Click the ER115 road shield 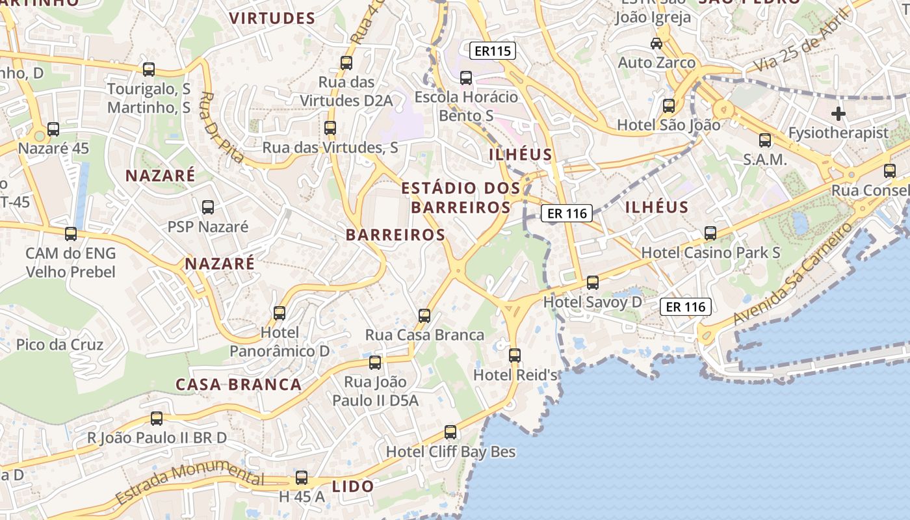click(x=493, y=51)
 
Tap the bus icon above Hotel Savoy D click(x=592, y=283)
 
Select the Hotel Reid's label click(x=515, y=375)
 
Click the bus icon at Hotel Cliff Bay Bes click(x=450, y=432)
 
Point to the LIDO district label click(x=353, y=486)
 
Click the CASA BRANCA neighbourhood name click(x=239, y=384)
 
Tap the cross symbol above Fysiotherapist click(x=838, y=114)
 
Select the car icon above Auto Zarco click(x=656, y=44)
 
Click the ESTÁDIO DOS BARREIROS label click(x=461, y=198)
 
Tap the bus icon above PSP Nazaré click(x=208, y=207)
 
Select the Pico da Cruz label click(x=60, y=344)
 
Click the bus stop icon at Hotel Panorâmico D click(x=279, y=313)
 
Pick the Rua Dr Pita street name click(x=220, y=127)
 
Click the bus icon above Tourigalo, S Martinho click(x=149, y=70)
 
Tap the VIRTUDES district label click(x=272, y=18)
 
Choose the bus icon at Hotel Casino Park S click(x=710, y=233)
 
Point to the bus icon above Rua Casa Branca click(x=424, y=316)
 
